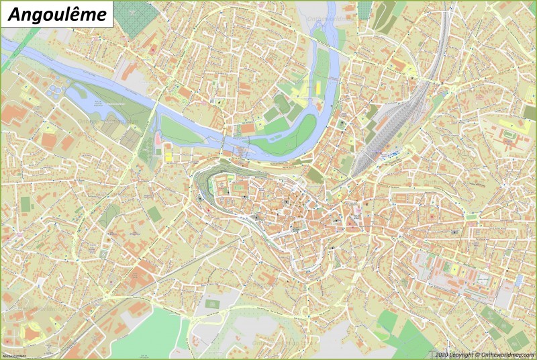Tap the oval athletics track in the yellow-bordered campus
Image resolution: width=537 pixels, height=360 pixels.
(513, 134)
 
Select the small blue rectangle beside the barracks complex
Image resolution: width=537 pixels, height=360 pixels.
(518, 279)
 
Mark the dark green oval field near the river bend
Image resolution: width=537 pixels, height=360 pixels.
(281, 103)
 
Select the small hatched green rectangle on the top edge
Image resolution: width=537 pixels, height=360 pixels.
(364, 9)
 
